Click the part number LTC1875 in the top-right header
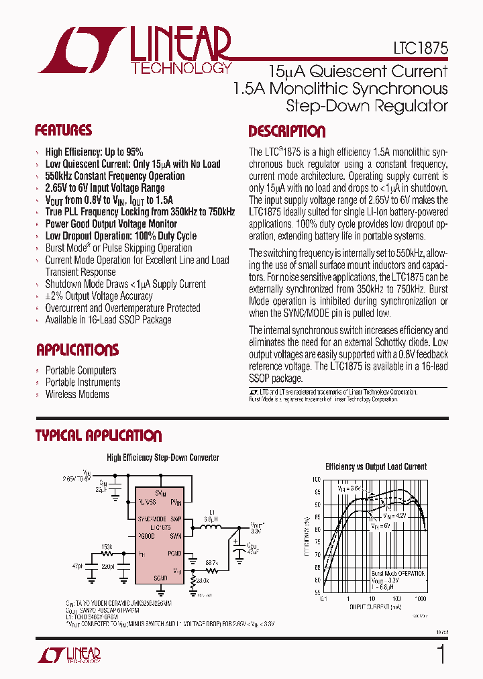click(421, 50)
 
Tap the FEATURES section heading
click(63, 131)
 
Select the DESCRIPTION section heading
click(286, 132)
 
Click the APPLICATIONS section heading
click(77, 350)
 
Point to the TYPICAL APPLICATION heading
click(98, 436)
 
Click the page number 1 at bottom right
click(441, 654)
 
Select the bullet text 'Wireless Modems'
click(77, 395)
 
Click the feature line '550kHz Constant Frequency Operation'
click(115, 176)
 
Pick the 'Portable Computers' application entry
click(80, 370)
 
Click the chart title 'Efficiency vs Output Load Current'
click(376, 466)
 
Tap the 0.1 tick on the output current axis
click(323, 598)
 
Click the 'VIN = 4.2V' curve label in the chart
click(396, 517)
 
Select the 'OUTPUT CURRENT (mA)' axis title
click(375, 606)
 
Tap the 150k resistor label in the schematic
click(107, 547)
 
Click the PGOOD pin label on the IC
click(146, 536)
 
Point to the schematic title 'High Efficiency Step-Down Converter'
click(163, 458)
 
